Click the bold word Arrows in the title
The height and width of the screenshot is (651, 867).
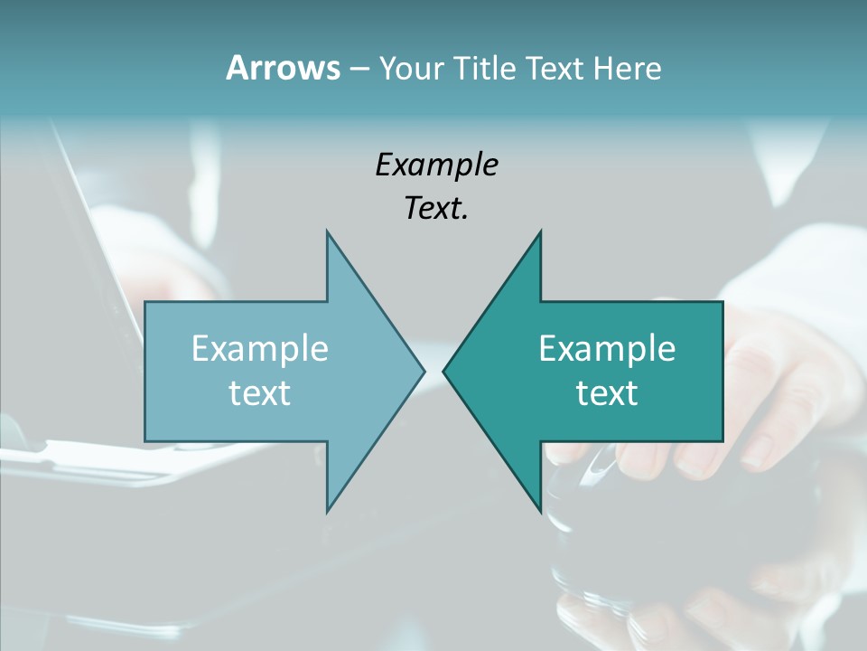(x=283, y=68)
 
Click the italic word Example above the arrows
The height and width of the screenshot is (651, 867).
(x=436, y=165)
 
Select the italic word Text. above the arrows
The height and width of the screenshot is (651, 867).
(x=436, y=208)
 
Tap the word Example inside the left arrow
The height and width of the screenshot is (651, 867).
(x=259, y=349)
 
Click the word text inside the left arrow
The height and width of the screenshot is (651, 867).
(x=259, y=392)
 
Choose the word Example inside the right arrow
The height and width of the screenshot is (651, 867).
(x=607, y=349)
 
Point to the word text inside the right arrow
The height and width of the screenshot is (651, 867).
(x=607, y=392)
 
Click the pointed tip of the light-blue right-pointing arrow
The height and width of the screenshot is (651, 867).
(x=424, y=371)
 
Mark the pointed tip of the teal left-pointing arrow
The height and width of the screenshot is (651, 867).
(x=443, y=371)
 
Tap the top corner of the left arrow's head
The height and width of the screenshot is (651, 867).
(x=327, y=231)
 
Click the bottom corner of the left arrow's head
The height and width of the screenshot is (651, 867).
(x=327, y=512)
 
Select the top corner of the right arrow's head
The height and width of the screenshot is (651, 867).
(x=540, y=231)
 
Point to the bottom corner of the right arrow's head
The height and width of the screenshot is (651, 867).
(x=540, y=512)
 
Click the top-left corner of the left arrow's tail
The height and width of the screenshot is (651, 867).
(x=145, y=302)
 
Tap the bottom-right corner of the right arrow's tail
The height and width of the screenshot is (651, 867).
(x=722, y=441)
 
